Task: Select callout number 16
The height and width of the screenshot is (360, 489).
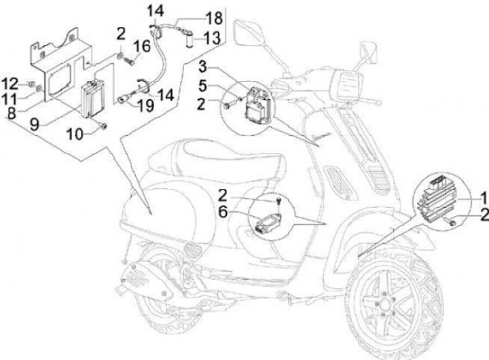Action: click(x=142, y=46)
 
